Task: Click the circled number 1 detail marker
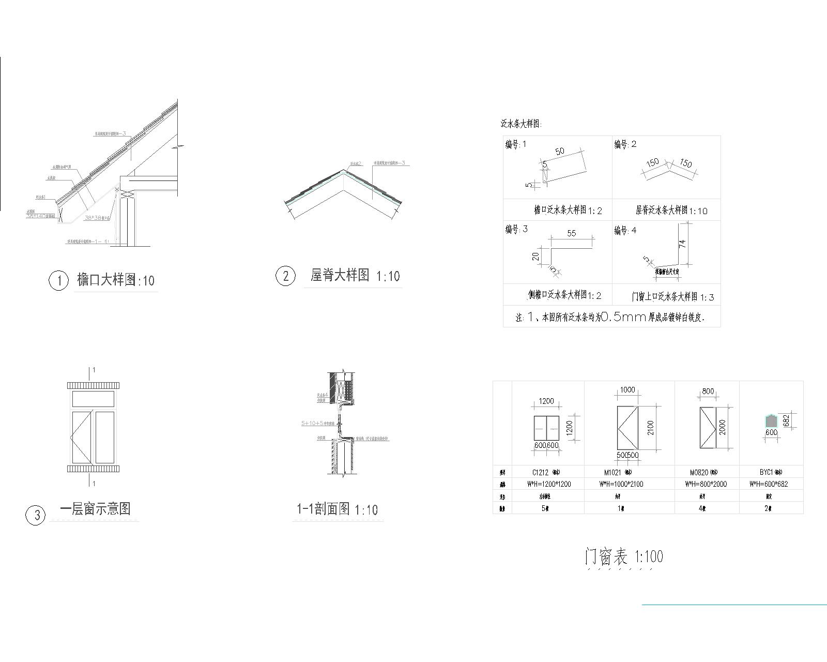(x=58, y=281)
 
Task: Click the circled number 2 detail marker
(x=285, y=276)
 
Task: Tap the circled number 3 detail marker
(x=36, y=515)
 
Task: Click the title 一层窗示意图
(x=95, y=508)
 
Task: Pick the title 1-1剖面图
(x=323, y=509)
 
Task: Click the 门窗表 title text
(x=606, y=556)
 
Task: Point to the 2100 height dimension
(x=650, y=428)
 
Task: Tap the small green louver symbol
(x=771, y=421)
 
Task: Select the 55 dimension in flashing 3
(x=571, y=233)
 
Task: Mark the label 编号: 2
(x=625, y=144)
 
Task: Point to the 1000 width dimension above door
(x=627, y=390)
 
